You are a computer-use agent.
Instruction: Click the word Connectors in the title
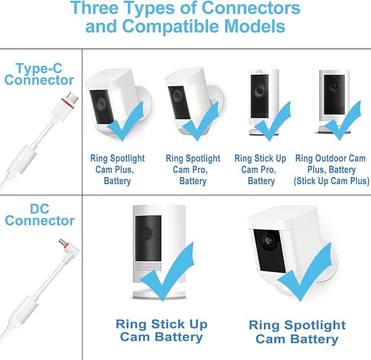[x=251, y=8]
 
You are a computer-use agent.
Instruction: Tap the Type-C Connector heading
[x=39, y=74]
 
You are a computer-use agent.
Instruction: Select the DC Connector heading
[x=40, y=215]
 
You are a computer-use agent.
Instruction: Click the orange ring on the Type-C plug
[x=68, y=104]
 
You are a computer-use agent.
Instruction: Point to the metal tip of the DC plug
[x=62, y=242]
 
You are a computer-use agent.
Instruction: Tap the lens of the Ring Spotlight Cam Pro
[x=177, y=95]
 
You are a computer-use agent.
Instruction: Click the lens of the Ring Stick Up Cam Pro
[x=260, y=90]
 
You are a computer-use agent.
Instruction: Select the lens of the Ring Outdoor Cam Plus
[x=334, y=86]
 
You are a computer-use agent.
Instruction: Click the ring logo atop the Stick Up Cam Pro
[x=260, y=71]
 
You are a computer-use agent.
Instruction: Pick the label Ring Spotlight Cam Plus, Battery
[x=117, y=169]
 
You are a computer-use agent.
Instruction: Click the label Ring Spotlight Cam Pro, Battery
[x=193, y=169]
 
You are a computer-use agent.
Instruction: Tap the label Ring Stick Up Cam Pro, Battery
[x=260, y=169]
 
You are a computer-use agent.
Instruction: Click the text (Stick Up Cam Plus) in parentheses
[x=332, y=181]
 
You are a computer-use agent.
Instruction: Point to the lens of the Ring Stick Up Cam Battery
[x=146, y=233]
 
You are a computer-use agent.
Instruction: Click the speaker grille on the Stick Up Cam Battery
[x=149, y=267]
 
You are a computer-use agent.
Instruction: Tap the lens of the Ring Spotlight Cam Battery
[x=269, y=240]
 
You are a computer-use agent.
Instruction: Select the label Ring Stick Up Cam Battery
[x=162, y=331]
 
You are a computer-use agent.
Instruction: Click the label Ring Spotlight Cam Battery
[x=297, y=332]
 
